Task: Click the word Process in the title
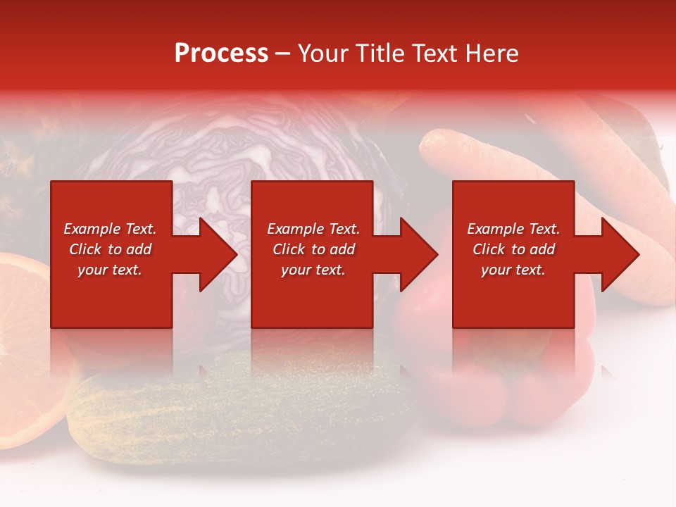pos(221,54)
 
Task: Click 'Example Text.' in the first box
pos(110,229)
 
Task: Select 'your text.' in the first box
pos(110,270)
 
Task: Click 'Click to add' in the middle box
pos(313,249)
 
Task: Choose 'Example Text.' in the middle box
pos(313,229)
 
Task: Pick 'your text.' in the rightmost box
pos(513,270)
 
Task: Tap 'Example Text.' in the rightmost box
pos(513,229)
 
